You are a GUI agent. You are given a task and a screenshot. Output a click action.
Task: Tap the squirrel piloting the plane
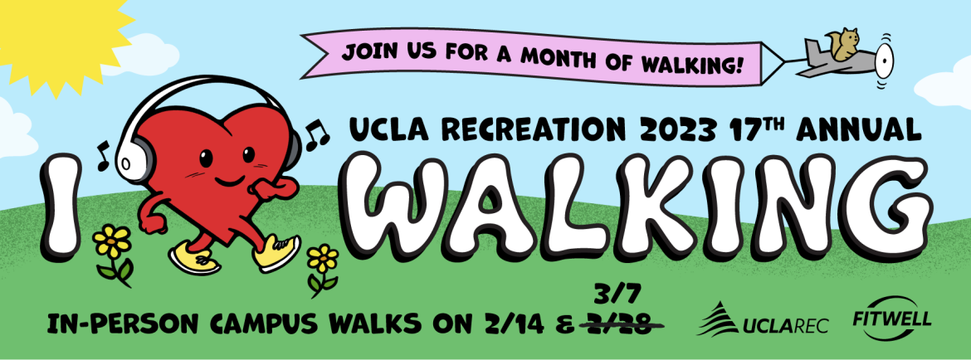(844, 45)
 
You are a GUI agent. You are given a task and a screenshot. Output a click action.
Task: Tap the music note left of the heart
(102, 155)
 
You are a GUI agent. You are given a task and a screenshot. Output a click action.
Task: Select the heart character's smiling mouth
(228, 180)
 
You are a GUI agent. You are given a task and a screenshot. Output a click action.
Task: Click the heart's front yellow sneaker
(276, 253)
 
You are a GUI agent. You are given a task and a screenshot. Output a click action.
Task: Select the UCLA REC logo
(763, 319)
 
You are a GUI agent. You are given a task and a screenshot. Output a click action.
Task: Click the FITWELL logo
(891, 321)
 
